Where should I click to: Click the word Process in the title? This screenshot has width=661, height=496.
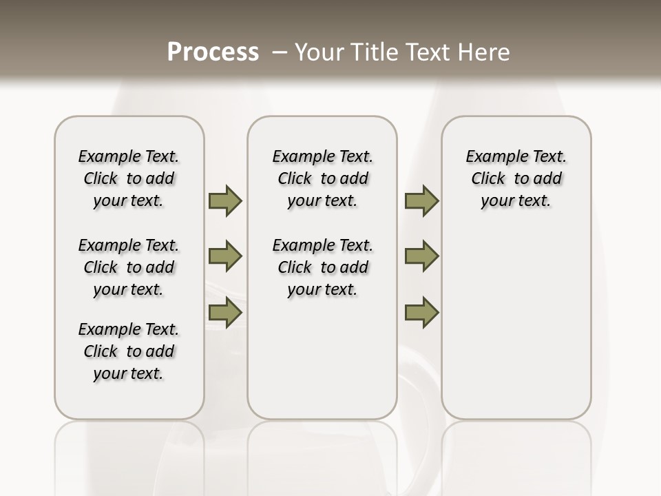pos(213,52)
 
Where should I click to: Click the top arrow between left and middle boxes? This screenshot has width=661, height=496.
pos(225,200)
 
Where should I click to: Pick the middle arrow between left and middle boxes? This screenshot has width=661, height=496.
pos(225,256)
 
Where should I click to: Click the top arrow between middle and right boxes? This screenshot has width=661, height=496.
pos(421,200)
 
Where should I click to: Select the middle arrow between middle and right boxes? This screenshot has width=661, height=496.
pos(421,256)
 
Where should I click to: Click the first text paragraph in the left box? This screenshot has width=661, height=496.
pos(129,178)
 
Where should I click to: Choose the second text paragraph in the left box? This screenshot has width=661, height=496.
pos(129,267)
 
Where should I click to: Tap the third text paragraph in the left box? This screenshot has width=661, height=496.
pos(129,351)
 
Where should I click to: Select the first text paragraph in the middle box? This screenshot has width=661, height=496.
pos(322,178)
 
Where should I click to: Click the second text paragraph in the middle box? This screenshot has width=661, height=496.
pos(322,267)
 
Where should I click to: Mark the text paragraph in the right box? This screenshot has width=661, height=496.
pos(516,178)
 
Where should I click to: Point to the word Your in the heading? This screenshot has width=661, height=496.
pos(318,52)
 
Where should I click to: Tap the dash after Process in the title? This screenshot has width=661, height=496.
pos(279,52)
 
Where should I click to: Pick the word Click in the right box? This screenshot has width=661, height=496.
pos(488,179)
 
